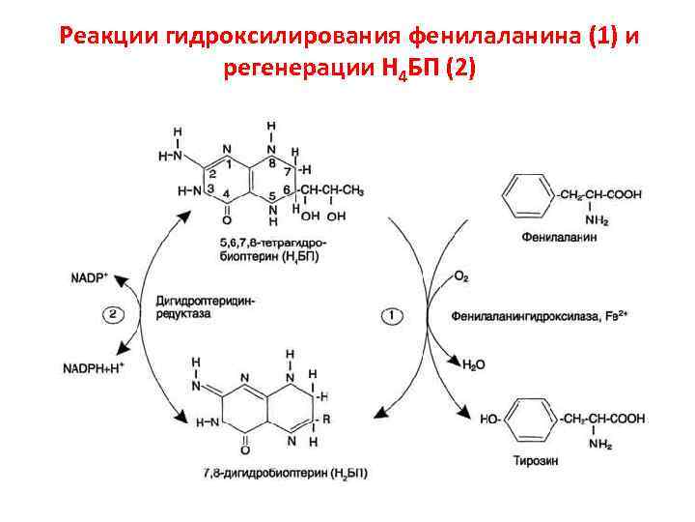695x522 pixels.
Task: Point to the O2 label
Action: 460,277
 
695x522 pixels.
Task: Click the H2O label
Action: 474,366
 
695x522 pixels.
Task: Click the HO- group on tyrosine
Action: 489,419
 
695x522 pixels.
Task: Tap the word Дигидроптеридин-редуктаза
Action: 204,308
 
